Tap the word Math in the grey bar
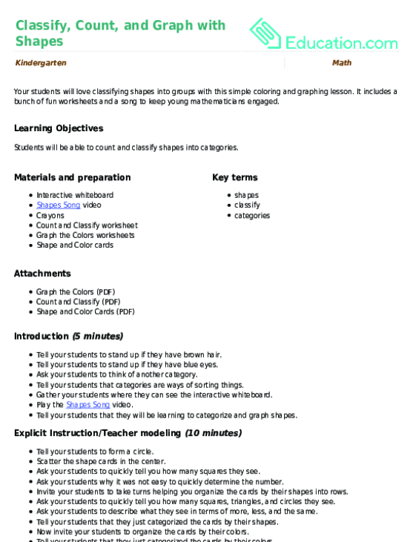[x=342, y=63]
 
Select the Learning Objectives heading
[x=59, y=128]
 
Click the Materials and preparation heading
[x=73, y=177]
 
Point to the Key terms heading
[x=234, y=177]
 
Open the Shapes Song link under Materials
[x=59, y=205]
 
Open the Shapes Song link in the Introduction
[x=87, y=405]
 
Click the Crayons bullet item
[x=50, y=215]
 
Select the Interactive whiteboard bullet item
[x=75, y=195]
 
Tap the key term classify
[x=247, y=205]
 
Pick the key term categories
[x=252, y=216]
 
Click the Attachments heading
[x=42, y=274]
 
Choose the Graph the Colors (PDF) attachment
[x=76, y=291]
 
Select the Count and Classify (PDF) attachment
[x=79, y=302]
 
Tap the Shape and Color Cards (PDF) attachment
[x=85, y=311]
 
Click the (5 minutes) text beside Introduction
[x=97, y=337]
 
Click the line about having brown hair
[x=118, y=355]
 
